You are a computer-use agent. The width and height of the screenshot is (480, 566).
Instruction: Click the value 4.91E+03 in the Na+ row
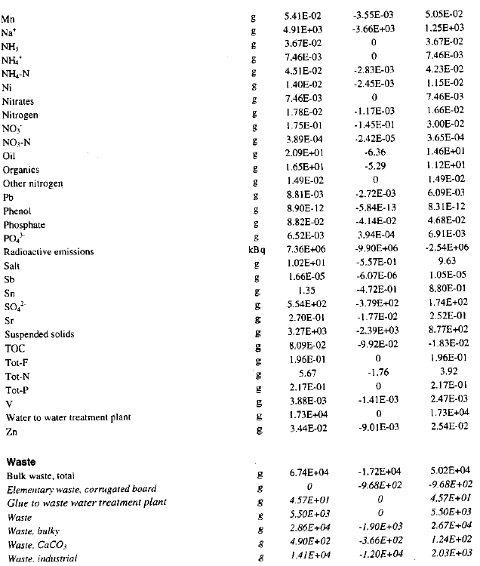click(x=304, y=29)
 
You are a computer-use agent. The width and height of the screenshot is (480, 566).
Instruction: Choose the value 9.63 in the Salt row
click(x=450, y=266)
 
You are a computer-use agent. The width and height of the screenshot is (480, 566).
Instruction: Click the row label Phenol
click(x=18, y=211)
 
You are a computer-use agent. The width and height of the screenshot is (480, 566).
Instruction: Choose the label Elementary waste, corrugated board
click(x=81, y=489)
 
